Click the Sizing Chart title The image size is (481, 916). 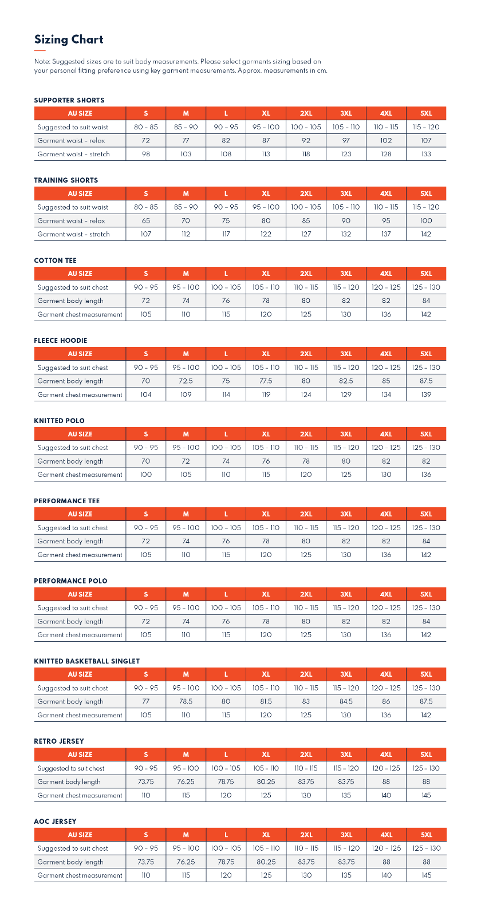coord(69,40)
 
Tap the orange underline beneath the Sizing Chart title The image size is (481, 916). coord(40,50)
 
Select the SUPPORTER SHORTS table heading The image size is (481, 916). coord(69,100)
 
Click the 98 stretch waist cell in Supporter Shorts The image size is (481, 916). coord(146,154)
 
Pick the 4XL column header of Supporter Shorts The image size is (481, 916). coord(386,113)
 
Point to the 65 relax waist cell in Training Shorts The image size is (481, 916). coord(146,220)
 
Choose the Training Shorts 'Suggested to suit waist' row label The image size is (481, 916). coord(73,207)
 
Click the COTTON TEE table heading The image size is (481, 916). coord(55,260)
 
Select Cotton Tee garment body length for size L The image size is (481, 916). coord(226,301)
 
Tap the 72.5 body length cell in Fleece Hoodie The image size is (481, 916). coord(186,381)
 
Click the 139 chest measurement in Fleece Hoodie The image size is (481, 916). coord(426,394)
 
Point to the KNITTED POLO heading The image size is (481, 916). coord(59,421)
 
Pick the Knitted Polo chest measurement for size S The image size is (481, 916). coord(146,475)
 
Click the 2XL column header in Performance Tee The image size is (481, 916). coord(306,514)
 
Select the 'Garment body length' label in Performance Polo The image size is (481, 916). coord(70,621)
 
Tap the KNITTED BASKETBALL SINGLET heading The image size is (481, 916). coord(86,661)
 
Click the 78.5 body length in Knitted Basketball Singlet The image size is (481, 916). coord(186,701)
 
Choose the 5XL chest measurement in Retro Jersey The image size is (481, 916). coord(426,795)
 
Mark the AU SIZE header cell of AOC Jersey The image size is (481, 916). coord(80,835)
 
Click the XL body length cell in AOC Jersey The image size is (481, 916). coord(266,862)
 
